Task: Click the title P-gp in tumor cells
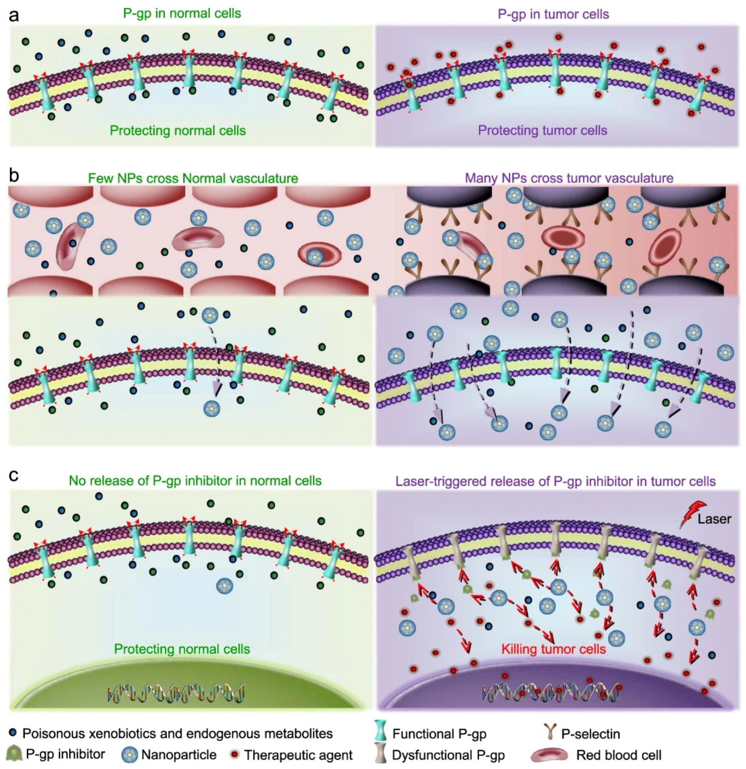(553, 14)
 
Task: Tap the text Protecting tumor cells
(542, 130)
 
